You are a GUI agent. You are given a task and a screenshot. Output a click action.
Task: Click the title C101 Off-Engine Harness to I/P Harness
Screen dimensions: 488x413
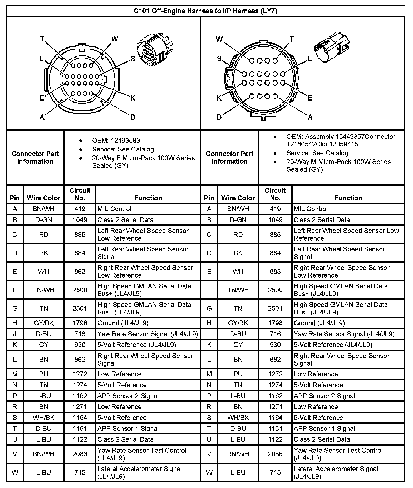click(205, 11)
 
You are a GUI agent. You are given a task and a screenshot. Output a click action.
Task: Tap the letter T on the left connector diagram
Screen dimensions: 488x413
click(42, 39)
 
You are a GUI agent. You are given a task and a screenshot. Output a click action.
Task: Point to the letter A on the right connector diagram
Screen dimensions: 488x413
click(310, 117)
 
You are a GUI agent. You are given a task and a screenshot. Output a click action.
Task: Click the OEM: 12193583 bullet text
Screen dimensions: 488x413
click(116, 141)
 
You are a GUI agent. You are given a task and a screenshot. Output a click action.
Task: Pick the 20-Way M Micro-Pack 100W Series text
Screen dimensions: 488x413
click(338, 162)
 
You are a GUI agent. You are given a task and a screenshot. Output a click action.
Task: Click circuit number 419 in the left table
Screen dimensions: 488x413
click(80, 209)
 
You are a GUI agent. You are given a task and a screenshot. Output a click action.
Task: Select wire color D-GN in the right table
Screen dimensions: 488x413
click(238, 220)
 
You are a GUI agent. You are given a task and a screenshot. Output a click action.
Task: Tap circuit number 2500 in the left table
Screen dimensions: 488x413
click(80, 290)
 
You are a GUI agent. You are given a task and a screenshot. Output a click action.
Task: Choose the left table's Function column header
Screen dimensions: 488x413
click(148, 198)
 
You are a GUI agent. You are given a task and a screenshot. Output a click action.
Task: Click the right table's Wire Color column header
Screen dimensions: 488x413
click(238, 198)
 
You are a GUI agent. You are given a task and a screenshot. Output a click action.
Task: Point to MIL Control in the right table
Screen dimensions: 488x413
click(311, 209)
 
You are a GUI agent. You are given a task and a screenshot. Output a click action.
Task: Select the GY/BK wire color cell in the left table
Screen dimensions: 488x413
click(44, 323)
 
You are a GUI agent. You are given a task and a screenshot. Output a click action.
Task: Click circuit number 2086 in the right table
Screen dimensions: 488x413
click(275, 454)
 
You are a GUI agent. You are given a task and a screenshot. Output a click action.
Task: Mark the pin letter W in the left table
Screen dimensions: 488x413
click(15, 472)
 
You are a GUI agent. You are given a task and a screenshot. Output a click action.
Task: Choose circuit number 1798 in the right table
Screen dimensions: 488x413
click(275, 323)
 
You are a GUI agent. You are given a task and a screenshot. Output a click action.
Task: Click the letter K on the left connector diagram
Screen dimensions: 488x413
click(133, 98)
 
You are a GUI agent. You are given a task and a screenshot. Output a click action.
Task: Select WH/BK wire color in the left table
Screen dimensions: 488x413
click(44, 418)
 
